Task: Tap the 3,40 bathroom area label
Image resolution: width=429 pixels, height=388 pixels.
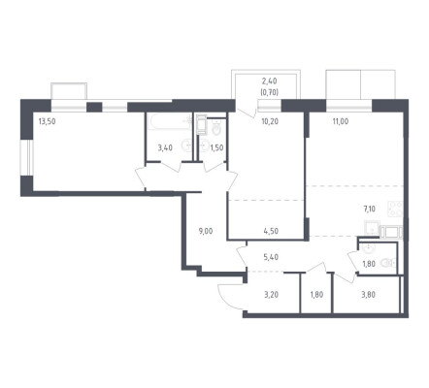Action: [165, 148]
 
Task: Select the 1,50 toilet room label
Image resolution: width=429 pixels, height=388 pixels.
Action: [216, 148]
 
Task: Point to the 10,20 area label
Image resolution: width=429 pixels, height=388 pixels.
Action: [270, 122]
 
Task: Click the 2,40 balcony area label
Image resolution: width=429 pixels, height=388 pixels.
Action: [269, 81]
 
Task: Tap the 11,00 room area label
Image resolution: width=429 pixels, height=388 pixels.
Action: [341, 122]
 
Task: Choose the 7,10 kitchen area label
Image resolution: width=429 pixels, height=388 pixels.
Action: [370, 210]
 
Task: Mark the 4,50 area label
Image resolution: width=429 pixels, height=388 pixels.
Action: [271, 231]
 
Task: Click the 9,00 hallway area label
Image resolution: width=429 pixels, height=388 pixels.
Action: [206, 231]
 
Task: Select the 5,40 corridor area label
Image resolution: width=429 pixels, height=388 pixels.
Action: [271, 257]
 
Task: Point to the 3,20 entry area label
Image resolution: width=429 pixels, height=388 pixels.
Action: [271, 295]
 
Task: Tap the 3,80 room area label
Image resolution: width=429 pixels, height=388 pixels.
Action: [368, 295]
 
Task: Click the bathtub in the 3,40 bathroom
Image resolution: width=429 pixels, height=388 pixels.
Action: [169, 121]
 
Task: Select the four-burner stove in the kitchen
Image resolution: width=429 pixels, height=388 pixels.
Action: [395, 209]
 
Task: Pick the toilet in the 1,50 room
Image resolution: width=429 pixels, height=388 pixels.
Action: [216, 128]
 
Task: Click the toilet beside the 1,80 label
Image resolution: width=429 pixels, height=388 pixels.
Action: [387, 263]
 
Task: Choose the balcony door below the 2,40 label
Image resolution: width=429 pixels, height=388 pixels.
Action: [247, 109]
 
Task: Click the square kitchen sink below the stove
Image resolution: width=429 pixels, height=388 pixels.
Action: [372, 228]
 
